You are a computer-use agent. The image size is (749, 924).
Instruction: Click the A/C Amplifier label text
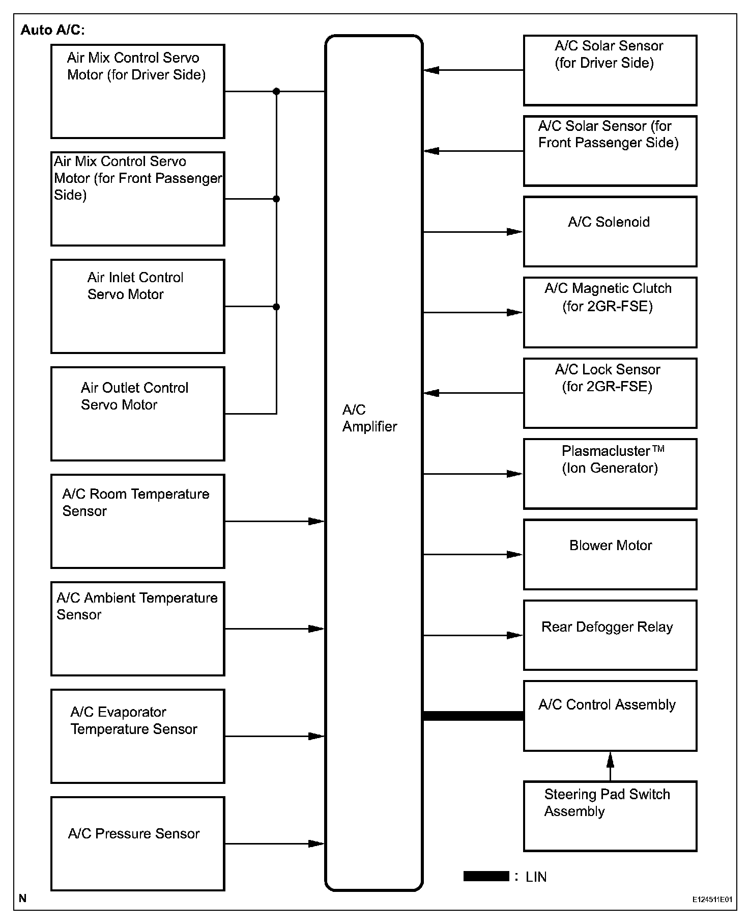[369, 418]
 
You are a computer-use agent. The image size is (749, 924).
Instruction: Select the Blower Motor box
[610, 554]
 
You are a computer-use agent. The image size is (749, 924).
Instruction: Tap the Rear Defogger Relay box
[610, 635]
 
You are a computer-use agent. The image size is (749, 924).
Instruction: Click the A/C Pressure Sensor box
[137, 844]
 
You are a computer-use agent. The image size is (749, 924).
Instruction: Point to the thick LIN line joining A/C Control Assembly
[473, 716]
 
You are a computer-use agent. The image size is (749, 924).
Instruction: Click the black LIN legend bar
[486, 876]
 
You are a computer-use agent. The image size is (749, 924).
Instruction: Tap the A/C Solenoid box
[610, 232]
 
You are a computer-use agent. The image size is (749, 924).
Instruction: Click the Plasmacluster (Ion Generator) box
[610, 474]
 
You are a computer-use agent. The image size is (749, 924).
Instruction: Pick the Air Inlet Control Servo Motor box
[137, 306]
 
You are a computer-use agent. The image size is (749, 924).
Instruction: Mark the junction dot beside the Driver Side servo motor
[276, 92]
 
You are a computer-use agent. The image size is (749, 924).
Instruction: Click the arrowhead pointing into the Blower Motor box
[515, 554]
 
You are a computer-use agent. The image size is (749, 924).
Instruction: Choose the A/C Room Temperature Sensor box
[137, 521]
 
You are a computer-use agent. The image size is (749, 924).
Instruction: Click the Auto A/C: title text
[52, 30]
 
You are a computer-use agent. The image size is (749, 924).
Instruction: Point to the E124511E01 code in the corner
[712, 900]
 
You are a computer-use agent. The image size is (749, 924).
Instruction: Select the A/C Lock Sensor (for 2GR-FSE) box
[610, 393]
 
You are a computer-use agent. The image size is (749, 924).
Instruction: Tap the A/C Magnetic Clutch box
[610, 312]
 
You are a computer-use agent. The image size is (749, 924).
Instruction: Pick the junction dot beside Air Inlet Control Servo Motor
[276, 307]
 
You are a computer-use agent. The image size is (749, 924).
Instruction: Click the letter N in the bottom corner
[22, 899]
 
